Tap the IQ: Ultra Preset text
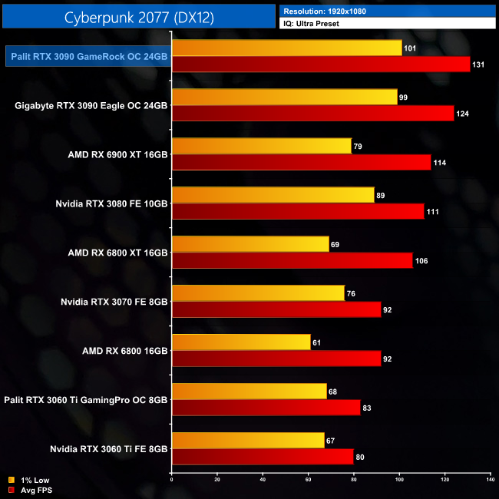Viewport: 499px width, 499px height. pyautogui.click(x=312, y=24)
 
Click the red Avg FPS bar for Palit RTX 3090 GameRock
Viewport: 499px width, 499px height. pyautogui.click(x=321, y=64)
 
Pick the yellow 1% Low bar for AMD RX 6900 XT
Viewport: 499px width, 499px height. pyautogui.click(x=262, y=146)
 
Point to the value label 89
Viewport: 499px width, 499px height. pyautogui.click(x=381, y=196)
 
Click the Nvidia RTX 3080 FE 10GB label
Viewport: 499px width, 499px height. pyautogui.click(x=111, y=204)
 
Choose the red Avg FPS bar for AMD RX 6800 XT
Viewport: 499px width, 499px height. pyautogui.click(x=292, y=261)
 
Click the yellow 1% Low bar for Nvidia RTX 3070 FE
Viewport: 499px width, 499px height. pyautogui.click(x=258, y=293)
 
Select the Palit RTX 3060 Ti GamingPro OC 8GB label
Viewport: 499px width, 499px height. pyautogui.click(x=85, y=399)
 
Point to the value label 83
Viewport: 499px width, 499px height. pyautogui.click(x=367, y=408)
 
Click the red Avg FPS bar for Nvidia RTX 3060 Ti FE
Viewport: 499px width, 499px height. pyautogui.click(x=263, y=457)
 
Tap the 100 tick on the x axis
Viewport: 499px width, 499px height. pyautogui.click(x=399, y=480)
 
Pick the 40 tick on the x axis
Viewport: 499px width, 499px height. pyautogui.click(x=263, y=480)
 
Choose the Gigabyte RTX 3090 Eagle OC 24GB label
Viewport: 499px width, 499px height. pyautogui.click(x=91, y=106)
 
